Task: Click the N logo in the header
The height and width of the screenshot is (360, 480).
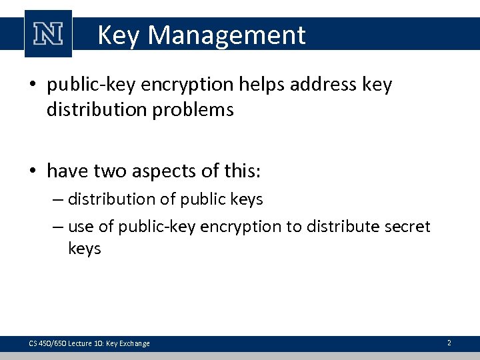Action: pyautogui.click(x=47, y=34)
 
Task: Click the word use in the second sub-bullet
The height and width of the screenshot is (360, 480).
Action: pyautogui.click(x=82, y=227)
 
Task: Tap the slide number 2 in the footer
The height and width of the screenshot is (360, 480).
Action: pyautogui.click(x=449, y=343)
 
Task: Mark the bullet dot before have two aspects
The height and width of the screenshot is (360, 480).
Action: pyautogui.click(x=35, y=172)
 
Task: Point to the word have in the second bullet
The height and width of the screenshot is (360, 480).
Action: pyautogui.click(x=67, y=171)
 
